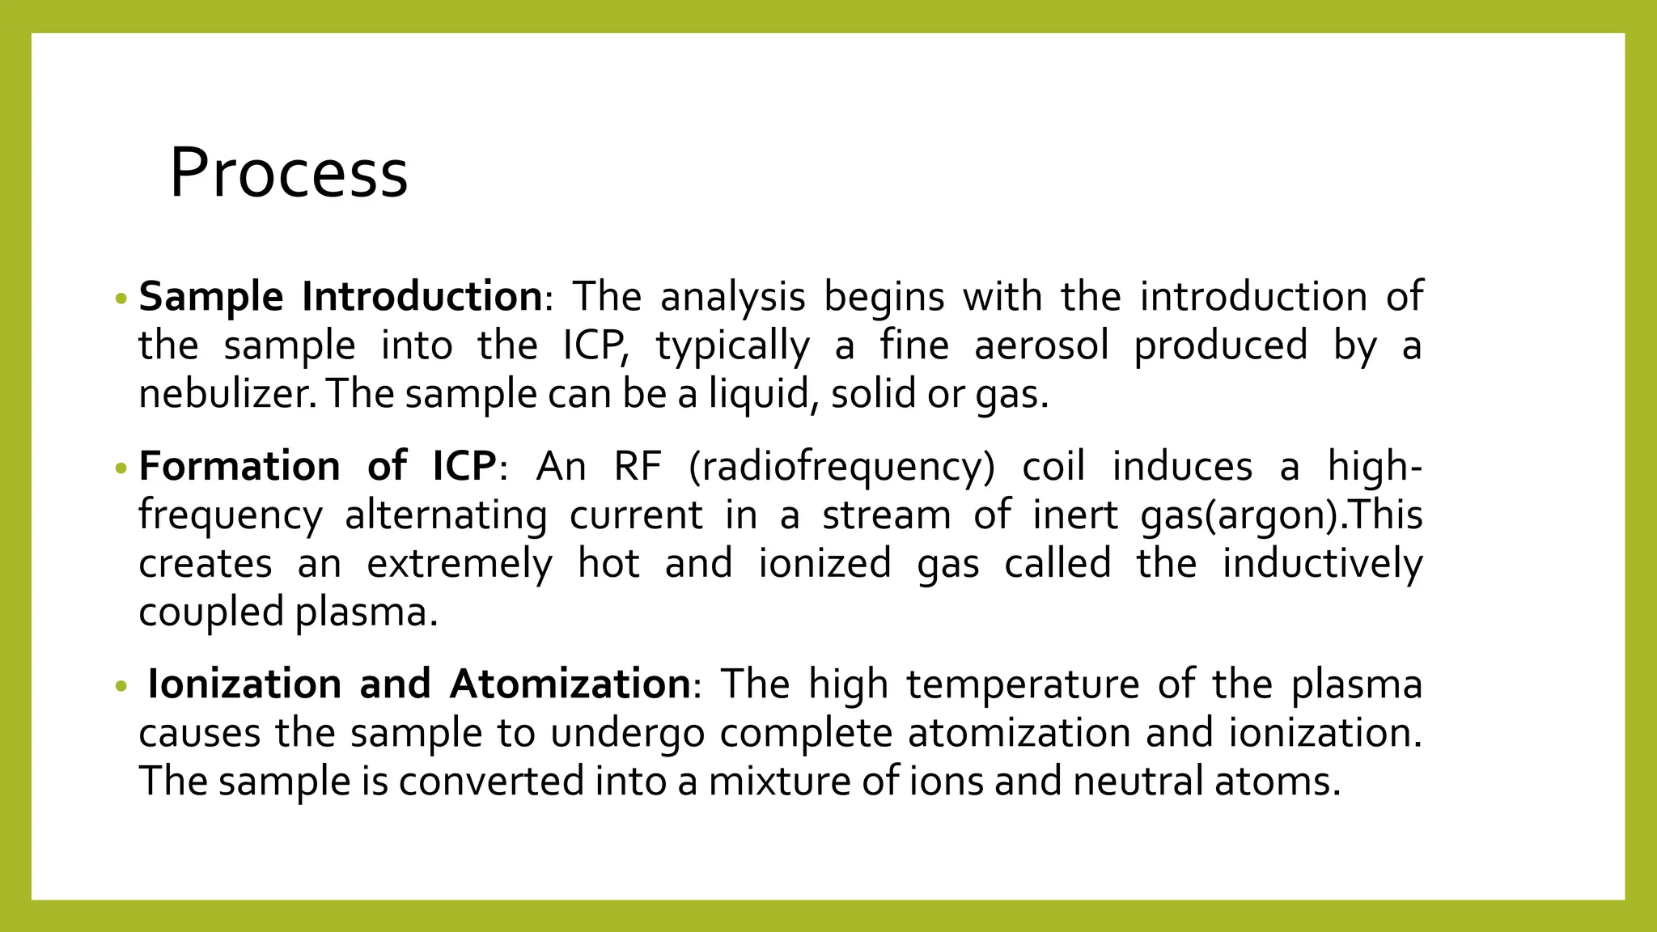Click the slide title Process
[288, 172]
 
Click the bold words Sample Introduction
[340, 297]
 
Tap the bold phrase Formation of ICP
[317, 467]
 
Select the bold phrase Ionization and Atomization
[418, 684]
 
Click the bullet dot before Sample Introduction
[121, 299]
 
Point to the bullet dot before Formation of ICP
[121, 468]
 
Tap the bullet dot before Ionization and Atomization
[121, 687]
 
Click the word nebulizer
[227, 394]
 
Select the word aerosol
[1041, 345]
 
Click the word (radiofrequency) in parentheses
[841, 467]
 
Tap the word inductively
[1322, 563]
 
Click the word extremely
[459, 564]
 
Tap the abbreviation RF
[638, 467]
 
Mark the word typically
[732, 346]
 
